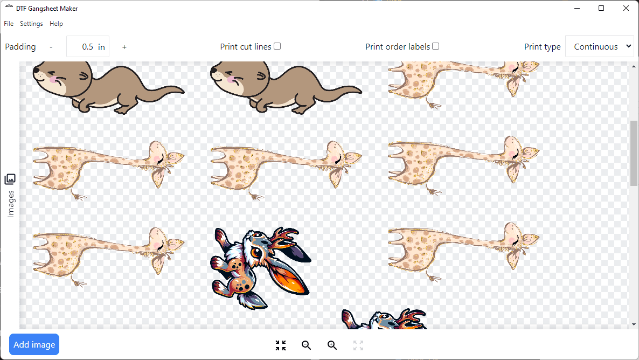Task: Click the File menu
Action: pyautogui.click(x=9, y=24)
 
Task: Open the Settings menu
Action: pyautogui.click(x=31, y=24)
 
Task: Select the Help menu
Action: pyautogui.click(x=56, y=24)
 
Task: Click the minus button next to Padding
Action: pyautogui.click(x=51, y=47)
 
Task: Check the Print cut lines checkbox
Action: pyautogui.click(x=277, y=46)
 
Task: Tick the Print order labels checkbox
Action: pyautogui.click(x=436, y=46)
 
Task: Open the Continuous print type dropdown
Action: pyautogui.click(x=600, y=47)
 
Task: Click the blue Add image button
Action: pyautogui.click(x=34, y=345)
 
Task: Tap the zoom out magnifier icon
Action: pyautogui.click(x=307, y=345)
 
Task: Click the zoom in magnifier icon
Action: pyautogui.click(x=332, y=345)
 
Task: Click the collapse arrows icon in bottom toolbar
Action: pyautogui.click(x=281, y=345)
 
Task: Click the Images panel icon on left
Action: pyautogui.click(x=10, y=179)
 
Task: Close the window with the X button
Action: pyautogui.click(x=626, y=8)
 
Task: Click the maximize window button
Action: pyautogui.click(x=601, y=8)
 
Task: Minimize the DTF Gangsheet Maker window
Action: pyautogui.click(x=577, y=8)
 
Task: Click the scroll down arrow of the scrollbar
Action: pyautogui.click(x=634, y=324)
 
